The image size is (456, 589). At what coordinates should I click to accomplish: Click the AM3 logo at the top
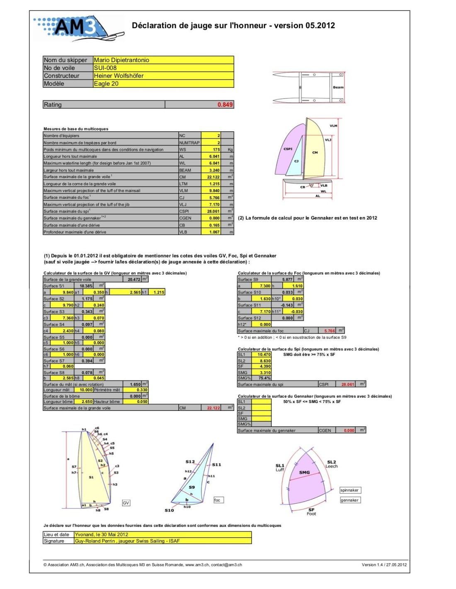[x=77, y=28]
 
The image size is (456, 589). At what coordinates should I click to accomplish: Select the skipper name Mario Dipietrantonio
[x=121, y=60]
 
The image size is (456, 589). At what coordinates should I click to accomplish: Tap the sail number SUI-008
[x=105, y=68]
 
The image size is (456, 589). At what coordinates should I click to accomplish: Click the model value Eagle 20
[x=106, y=84]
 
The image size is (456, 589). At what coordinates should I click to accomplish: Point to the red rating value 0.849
[x=225, y=105]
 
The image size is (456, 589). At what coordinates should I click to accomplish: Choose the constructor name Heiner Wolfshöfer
[x=119, y=76]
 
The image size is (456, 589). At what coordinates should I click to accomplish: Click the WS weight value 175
[x=216, y=150]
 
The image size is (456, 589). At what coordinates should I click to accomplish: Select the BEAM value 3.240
[x=214, y=170]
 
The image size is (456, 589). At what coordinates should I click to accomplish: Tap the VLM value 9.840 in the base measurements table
[x=214, y=191]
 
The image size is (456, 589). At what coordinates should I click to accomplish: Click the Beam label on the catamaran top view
[x=338, y=87]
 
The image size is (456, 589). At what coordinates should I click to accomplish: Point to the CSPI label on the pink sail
[x=288, y=149]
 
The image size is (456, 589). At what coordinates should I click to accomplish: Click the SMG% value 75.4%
[x=264, y=378]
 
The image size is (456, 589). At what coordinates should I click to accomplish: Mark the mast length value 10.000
[x=86, y=390]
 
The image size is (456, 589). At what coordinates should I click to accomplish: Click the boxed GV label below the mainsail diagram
[x=126, y=503]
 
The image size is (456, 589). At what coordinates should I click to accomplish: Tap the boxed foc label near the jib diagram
[x=217, y=500]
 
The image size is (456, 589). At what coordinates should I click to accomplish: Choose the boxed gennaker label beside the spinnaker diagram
[x=349, y=500]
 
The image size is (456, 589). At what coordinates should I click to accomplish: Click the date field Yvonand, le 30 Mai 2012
[x=102, y=535]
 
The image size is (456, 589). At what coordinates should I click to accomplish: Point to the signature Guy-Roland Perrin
[x=127, y=541]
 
